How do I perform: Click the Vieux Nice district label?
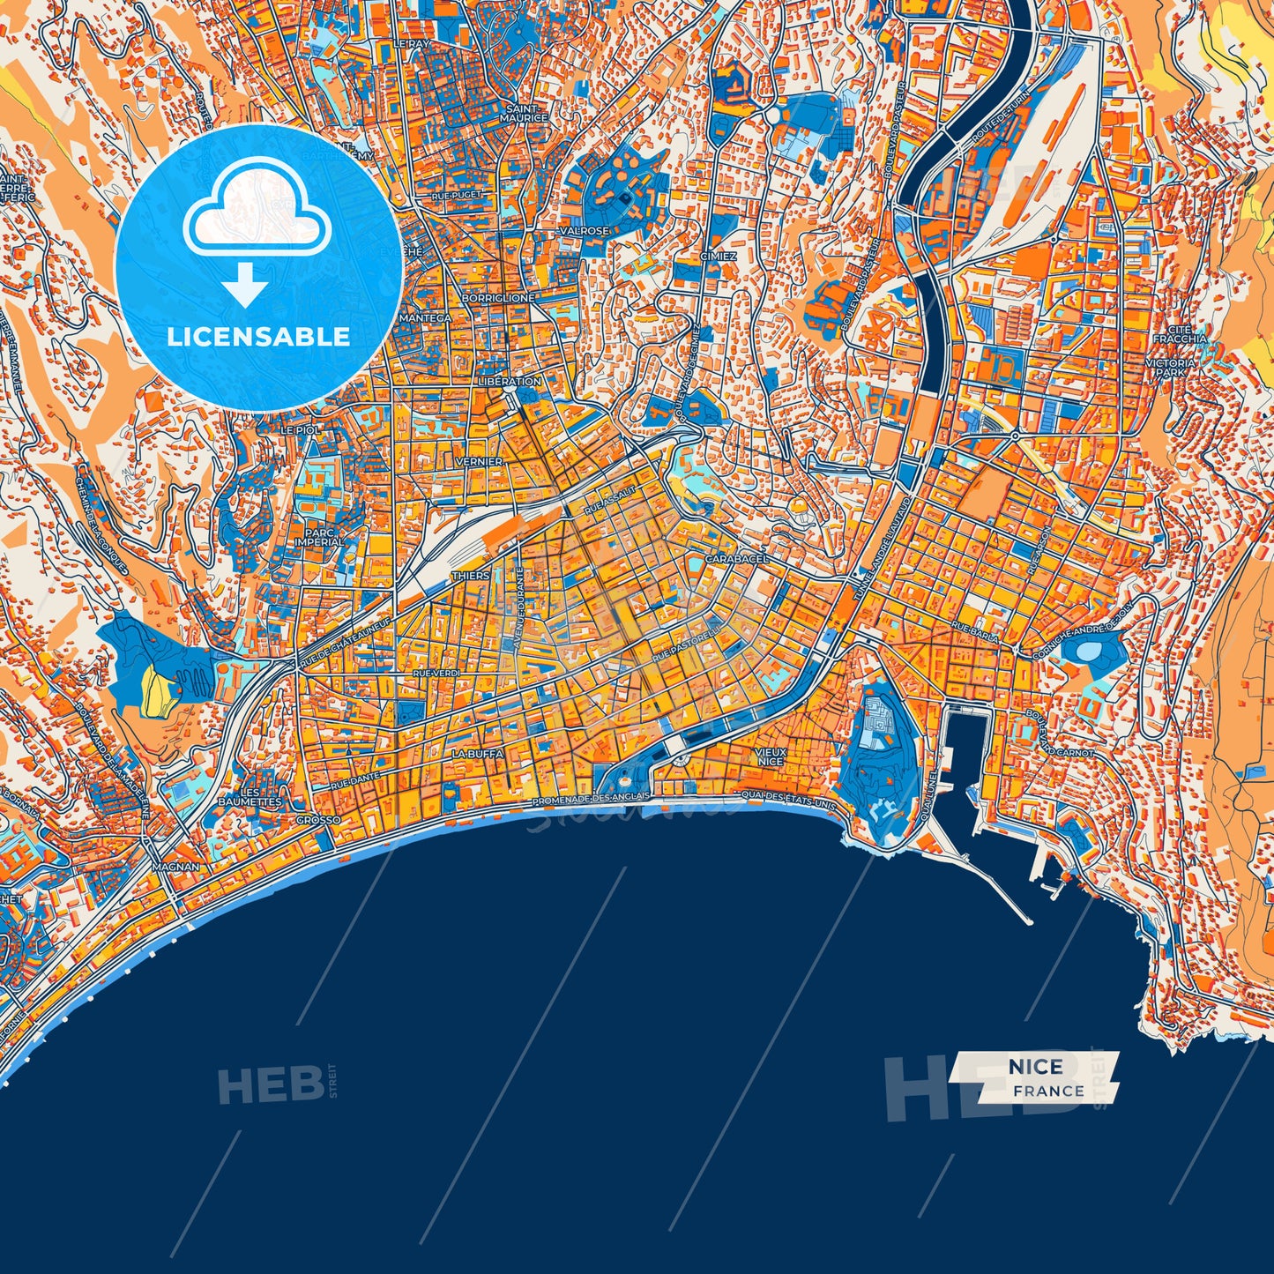coord(770,756)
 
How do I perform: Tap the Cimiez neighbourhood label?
coord(719,256)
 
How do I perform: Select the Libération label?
coord(508,382)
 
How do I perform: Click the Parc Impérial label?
coord(319,536)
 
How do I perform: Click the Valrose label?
coord(585,231)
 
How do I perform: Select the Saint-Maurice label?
coord(524,113)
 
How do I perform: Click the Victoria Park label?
coord(1170,368)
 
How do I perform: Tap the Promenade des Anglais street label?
coord(592,797)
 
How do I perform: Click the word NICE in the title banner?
coord(1036,1067)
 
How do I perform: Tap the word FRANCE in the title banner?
coord(1048,1091)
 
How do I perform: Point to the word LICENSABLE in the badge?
coord(258,337)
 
